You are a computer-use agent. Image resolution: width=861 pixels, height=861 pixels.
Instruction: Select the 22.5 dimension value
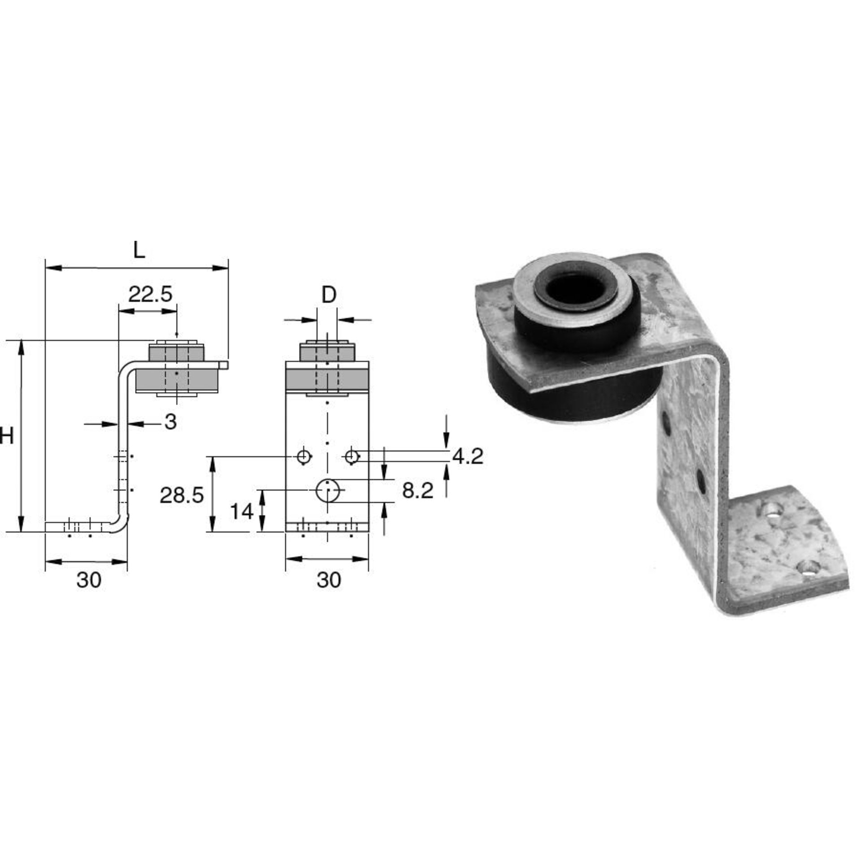tap(150, 295)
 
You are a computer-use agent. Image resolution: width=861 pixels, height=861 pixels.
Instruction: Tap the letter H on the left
tap(6, 435)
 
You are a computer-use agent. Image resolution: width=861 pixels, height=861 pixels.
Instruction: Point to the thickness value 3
tap(170, 422)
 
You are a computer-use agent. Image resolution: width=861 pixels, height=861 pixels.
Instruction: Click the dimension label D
tap(329, 295)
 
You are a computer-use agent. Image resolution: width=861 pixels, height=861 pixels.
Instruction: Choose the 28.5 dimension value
tap(182, 496)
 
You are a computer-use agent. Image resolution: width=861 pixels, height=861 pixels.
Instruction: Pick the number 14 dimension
tap(242, 511)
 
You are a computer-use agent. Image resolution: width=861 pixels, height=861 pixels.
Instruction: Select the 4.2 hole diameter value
tap(468, 457)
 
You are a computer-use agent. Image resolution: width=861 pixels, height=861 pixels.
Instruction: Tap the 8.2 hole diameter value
tap(417, 491)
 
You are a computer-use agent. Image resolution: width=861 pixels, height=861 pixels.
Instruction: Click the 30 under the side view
tap(89, 580)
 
